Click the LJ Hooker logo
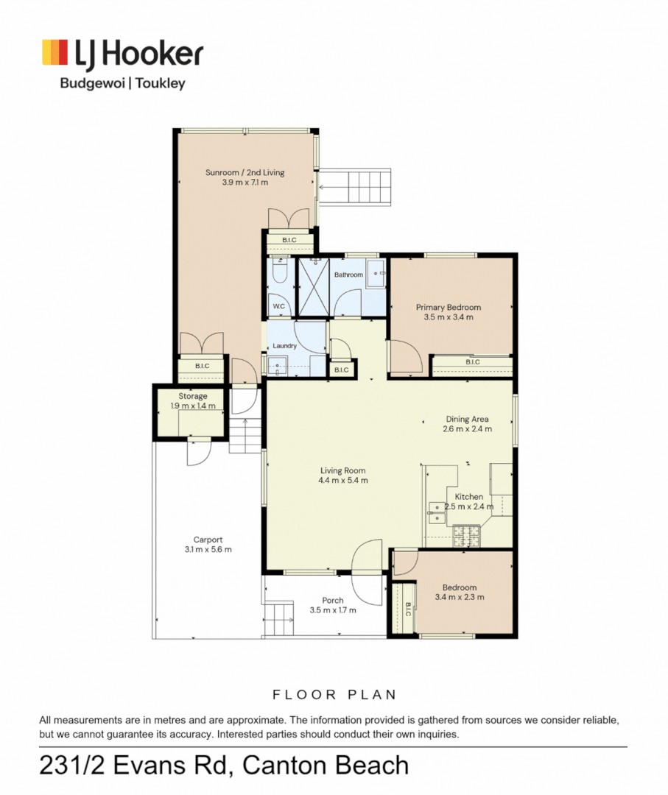pos(123,64)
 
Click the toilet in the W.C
pos(279,272)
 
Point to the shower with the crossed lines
pos(314,288)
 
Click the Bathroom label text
pos(348,275)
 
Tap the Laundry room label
pos(284,346)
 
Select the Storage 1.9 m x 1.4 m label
pos(193,401)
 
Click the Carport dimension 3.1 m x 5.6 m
pos(208,550)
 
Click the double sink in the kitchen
pos(437,512)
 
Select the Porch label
pos(333,601)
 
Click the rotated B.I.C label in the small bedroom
pos(407,609)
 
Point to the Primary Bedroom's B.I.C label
pos(473,362)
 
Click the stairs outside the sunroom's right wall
pos(355,186)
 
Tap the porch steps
pos(278,619)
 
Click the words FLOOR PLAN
pos(334,695)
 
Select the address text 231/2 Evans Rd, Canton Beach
pos(224,766)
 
